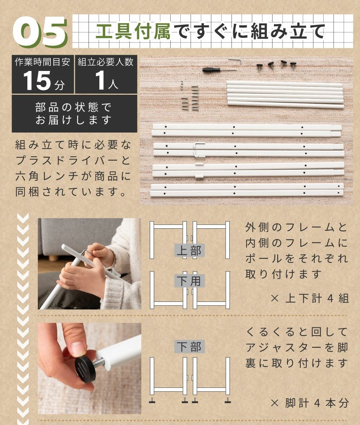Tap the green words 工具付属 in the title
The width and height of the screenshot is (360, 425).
133,31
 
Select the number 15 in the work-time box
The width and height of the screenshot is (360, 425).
37,80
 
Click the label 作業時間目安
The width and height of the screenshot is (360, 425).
42,62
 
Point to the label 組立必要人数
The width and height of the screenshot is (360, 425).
105,62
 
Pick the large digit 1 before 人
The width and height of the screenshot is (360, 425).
100,80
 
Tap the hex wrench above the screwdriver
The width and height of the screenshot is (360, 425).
235,61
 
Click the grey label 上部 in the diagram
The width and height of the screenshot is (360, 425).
189,250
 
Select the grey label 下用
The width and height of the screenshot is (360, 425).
189,281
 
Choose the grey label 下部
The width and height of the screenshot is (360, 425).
189,346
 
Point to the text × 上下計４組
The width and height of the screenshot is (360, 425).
310,299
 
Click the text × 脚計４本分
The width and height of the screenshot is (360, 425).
310,403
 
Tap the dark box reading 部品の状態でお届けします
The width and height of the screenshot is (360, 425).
74,113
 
